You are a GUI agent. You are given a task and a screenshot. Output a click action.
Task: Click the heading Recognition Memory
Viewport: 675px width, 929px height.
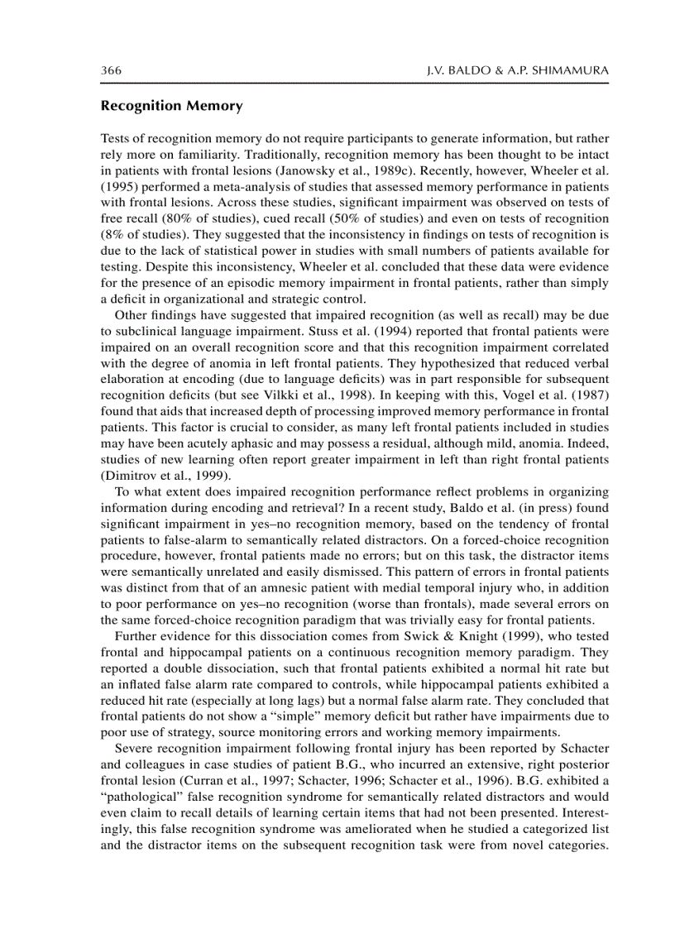(171, 106)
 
